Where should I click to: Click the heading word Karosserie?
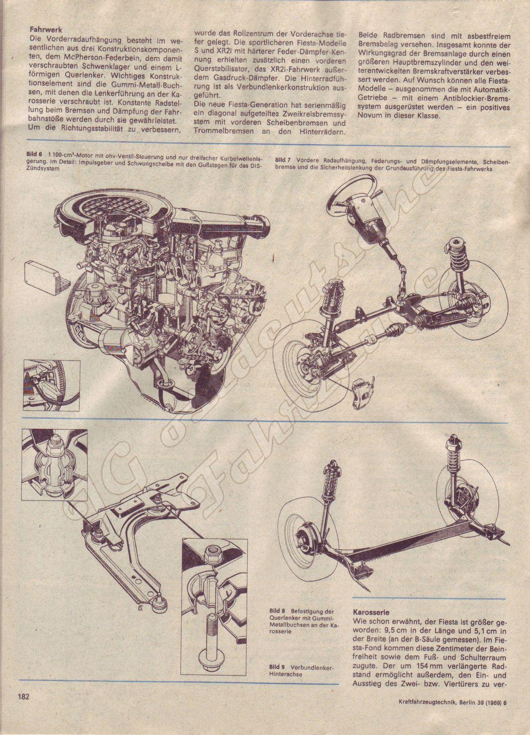pos(371,612)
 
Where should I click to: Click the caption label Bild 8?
pos(277,612)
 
